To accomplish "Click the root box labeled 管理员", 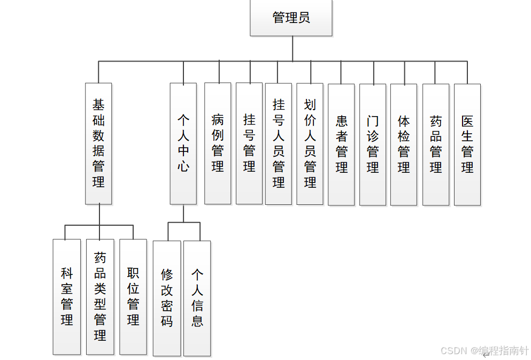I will pyautogui.click(x=291, y=18).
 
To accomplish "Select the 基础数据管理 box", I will pyautogui.click(x=98, y=143).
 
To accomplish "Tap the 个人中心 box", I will pyautogui.click(x=183, y=143).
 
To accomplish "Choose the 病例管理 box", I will pyautogui.click(x=218, y=143).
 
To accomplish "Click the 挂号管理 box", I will pyautogui.click(x=249, y=143).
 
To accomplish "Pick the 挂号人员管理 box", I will pyautogui.click(x=279, y=143).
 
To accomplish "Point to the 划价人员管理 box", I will pyautogui.click(x=310, y=143).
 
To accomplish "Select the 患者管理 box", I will pyautogui.click(x=341, y=144).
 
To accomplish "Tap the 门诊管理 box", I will pyautogui.click(x=373, y=144).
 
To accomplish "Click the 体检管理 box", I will pyautogui.click(x=404, y=144).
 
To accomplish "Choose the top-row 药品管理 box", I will pyautogui.click(x=436, y=144).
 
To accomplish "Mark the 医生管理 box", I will pyautogui.click(x=467, y=144).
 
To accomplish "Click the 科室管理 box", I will pyautogui.click(x=67, y=297).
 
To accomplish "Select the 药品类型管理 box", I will pyautogui.click(x=100, y=297).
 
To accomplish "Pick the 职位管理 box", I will pyautogui.click(x=133, y=297).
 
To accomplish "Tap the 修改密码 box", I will pyautogui.click(x=167, y=298).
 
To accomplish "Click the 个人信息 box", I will pyautogui.click(x=197, y=298).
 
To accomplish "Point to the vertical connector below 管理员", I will pyautogui.click(x=293, y=49).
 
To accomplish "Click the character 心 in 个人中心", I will pyautogui.click(x=183, y=166).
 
